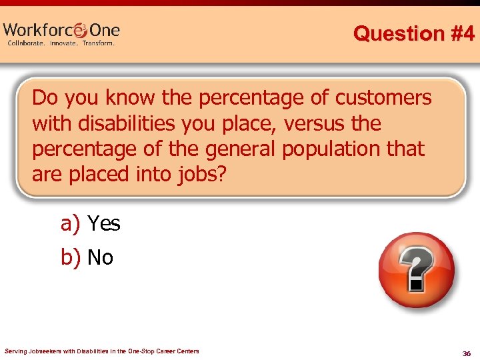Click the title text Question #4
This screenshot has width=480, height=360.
pos(413,33)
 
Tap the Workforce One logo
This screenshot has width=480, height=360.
pos(61,31)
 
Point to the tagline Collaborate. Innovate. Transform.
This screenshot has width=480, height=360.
pos(61,43)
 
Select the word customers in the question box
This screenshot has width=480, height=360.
pos(383,98)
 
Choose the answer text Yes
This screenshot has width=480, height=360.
pos(104,224)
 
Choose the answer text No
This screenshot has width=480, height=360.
pos(100,257)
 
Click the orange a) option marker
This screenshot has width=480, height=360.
pos(70,224)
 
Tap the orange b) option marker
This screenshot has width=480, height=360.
pos(70,257)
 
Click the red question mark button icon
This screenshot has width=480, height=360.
pos(416,270)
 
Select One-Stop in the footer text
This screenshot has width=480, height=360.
pos(149,351)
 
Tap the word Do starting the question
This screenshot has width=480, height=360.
pos(45,98)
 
